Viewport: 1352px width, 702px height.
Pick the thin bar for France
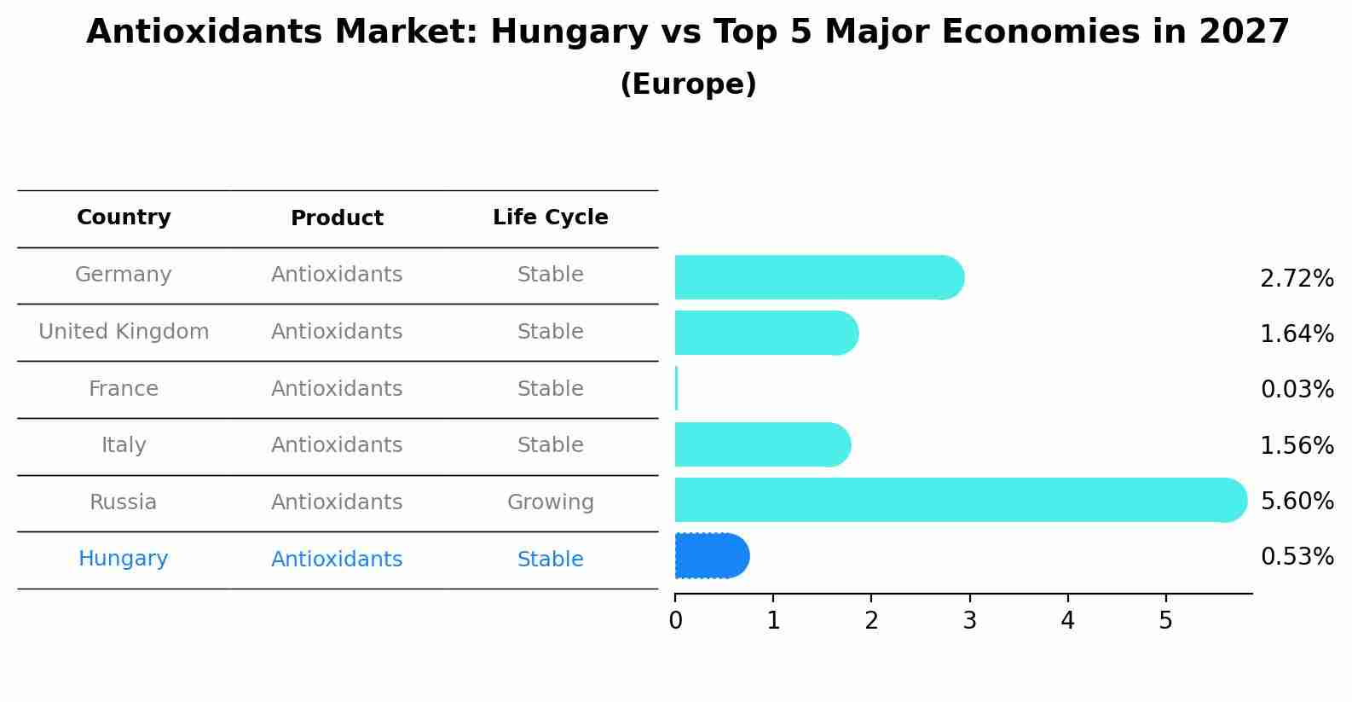(676, 389)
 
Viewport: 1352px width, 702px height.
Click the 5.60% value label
(1297, 501)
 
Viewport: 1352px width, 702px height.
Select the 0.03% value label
(1297, 390)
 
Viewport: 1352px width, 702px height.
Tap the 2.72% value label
(1297, 279)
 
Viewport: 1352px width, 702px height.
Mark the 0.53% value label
(1297, 557)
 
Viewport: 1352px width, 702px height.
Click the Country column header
(124, 218)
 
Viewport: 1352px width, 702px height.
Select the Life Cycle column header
(550, 218)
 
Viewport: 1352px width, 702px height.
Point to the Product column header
(337, 218)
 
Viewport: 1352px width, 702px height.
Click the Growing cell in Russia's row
(550, 502)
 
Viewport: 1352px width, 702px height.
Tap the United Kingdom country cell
(124, 332)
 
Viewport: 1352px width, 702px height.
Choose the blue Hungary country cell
(124, 559)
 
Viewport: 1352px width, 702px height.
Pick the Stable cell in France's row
(550, 389)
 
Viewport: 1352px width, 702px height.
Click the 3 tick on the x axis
(969, 621)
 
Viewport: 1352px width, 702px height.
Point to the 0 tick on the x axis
(675, 621)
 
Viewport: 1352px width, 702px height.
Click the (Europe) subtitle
(688, 84)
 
